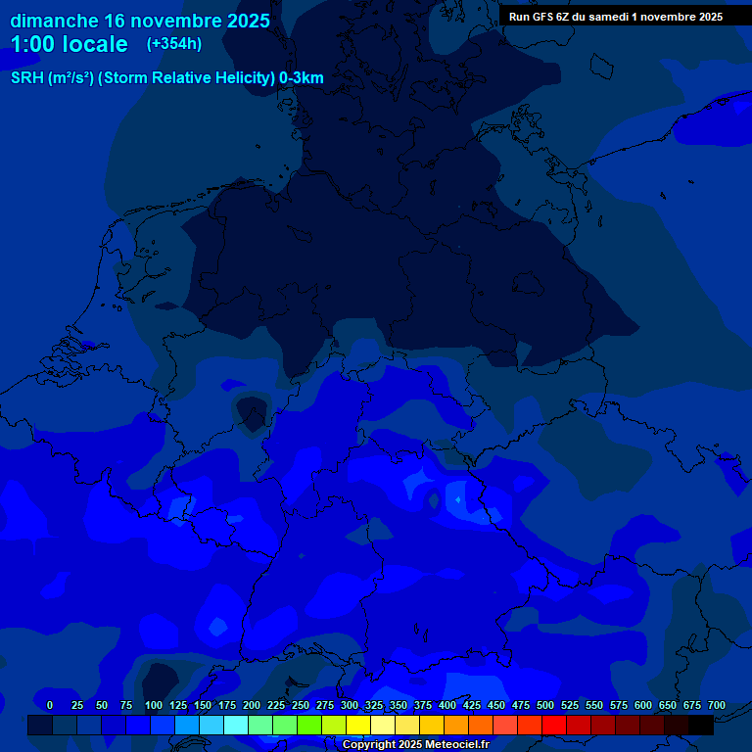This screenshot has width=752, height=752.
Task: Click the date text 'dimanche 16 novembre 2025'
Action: click(x=140, y=21)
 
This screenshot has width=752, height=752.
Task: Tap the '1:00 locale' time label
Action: click(x=69, y=44)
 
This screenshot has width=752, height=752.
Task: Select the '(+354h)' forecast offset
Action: click(x=174, y=44)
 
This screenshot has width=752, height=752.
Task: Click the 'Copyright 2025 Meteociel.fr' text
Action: click(x=415, y=744)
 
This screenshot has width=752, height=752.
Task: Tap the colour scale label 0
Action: click(x=50, y=705)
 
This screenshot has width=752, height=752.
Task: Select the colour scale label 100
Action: click(x=154, y=705)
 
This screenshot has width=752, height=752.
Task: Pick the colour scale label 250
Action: click(x=301, y=705)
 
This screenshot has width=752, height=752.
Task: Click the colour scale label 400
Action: click(x=447, y=705)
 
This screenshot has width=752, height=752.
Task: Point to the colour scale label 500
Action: click(x=545, y=705)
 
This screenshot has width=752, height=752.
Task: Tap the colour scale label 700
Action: click(x=716, y=705)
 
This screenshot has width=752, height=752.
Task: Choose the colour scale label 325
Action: click(x=374, y=705)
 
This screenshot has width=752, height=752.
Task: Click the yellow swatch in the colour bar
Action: click(x=358, y=725)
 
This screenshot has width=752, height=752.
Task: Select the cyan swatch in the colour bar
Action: click(x=236, y=725)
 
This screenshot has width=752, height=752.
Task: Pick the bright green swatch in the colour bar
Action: click(x=309, y=725)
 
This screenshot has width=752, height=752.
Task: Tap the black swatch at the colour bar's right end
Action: click(x=701, y=725)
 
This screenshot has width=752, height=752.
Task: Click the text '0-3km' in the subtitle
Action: click(x=302, y=78)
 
